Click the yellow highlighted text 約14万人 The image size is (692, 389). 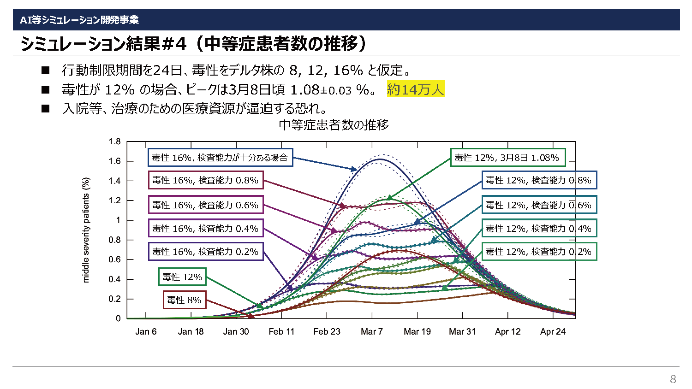415,89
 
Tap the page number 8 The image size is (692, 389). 673,379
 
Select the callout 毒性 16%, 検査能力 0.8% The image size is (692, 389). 206,180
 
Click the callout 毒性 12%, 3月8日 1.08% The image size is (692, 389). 507,158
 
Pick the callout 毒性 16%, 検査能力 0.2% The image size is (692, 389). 206,252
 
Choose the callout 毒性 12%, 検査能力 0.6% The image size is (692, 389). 539,205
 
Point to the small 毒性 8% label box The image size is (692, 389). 184,300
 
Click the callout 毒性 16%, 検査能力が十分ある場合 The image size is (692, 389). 220,158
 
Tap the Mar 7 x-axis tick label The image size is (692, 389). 372,331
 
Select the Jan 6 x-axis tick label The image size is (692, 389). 146,331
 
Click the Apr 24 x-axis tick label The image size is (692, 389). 553,331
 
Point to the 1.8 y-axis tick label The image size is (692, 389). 115,141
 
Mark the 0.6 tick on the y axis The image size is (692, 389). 115,259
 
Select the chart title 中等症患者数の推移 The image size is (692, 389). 334,125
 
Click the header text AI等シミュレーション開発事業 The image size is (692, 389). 79,20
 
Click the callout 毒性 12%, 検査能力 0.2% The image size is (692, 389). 539,252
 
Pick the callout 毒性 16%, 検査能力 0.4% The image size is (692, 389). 206,229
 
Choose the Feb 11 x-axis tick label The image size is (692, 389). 281,331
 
